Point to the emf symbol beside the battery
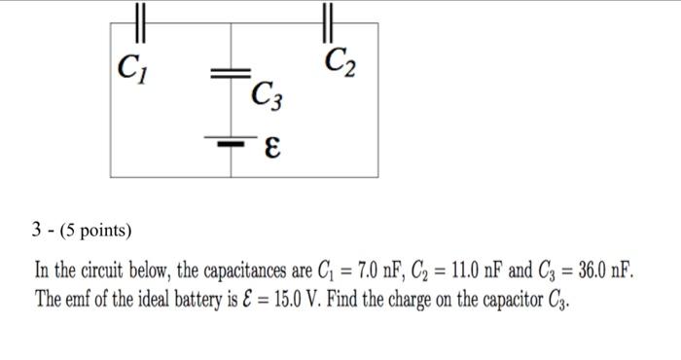(273, 147)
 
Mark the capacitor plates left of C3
(231, 73)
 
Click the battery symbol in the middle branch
(231, 143)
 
